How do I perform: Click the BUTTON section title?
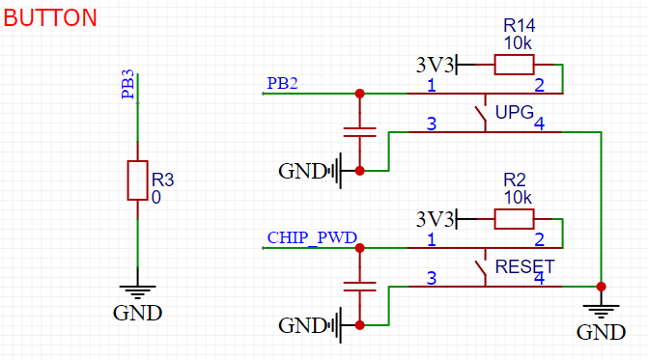[50, 17]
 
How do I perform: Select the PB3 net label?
[127, 84]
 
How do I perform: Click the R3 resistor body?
[137, 180]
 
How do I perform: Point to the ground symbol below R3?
[137, 291]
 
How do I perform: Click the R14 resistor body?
[513, 65]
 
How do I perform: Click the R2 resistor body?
[513, 219]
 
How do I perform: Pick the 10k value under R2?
[517, 197]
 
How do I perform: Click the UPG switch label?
[514, 112]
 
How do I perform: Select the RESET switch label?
[524, 266]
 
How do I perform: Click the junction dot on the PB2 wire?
[360, 94]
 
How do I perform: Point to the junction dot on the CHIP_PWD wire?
[360, 248]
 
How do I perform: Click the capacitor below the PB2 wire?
[360, 132]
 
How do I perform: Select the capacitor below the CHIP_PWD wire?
[360, 287]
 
